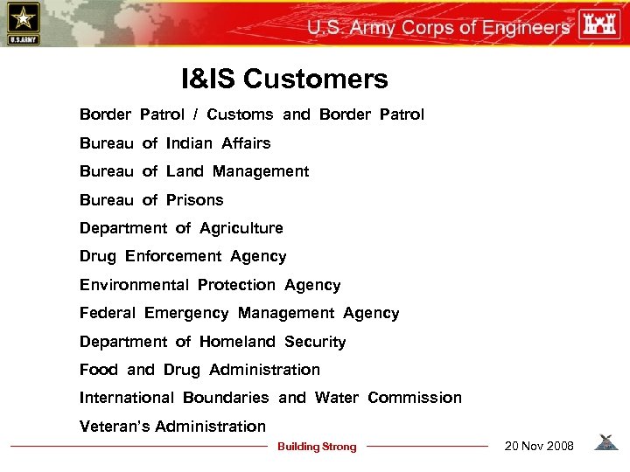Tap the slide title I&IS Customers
click(284, 80)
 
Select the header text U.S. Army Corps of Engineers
click(437, 27)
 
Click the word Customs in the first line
click(240, 115)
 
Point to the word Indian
click(189, 143)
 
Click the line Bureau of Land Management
click(194, 171)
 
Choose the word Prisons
click(195, 200)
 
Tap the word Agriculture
click(241, 228)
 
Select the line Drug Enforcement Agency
click(183, 256)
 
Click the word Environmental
click(134, 285)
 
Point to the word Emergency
click(186, 313)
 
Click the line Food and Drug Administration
click(199, 370)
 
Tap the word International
click(127, 398)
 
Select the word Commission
click(415, 398)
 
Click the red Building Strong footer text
click(317, 447)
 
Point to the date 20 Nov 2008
click(539, 447)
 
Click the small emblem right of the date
click(605, 443)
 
